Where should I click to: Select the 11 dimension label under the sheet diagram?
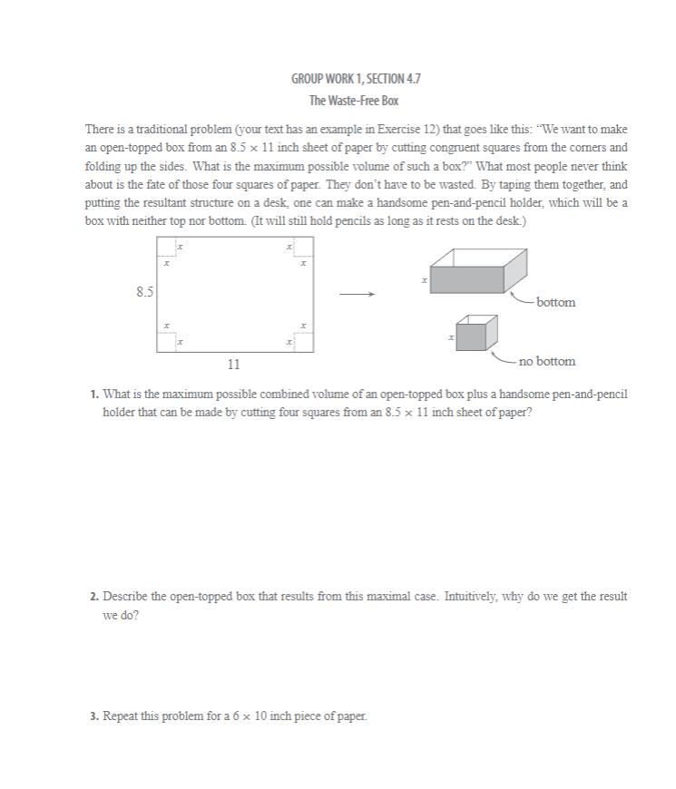click(x=234, y=365)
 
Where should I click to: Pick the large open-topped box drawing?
click(x=477, y=271)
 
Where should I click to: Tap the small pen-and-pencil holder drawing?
click(x=476, y=334)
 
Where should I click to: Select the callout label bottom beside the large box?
click(x=554, y=302)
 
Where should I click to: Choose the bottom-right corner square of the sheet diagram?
click(x=303, y=341)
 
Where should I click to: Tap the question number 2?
click(x=94, y=598)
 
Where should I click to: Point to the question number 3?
click(x=94, y=716)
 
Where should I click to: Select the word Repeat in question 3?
click(x=122, y=716)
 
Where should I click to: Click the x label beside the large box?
click(x=423, y=282)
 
